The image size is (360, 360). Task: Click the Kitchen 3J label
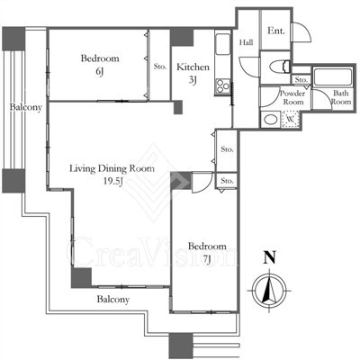click(193, 73)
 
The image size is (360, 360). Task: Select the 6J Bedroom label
click(100, 64)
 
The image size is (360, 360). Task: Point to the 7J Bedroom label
click(207, 253)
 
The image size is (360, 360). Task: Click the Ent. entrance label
click(276, 31)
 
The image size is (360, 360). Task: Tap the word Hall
click(246, 42)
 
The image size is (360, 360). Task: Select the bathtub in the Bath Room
click(332, 77)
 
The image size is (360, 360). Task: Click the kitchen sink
click(222, 44)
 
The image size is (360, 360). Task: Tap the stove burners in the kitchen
click(222, 85)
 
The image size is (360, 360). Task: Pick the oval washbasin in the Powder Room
click(271, 120)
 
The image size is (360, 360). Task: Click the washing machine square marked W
click(290, 120)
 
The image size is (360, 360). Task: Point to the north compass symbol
click(270, 291)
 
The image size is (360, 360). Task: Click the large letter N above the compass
click(269, 257)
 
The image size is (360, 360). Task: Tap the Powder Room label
click(292, 97)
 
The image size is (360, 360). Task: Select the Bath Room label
click(341, 97)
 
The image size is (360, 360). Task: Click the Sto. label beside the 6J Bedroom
click(160, 67)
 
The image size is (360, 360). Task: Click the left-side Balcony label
click(25, 107)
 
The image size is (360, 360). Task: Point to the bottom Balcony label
click(113, 300)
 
